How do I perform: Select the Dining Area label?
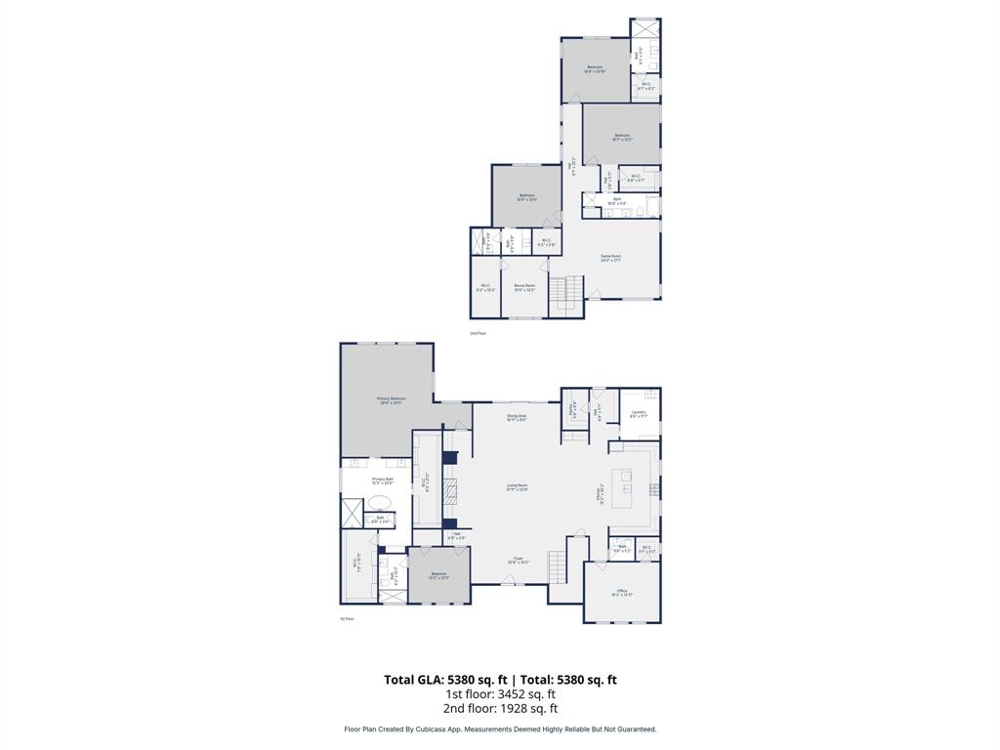517,418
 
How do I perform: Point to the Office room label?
621,592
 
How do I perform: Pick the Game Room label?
610,258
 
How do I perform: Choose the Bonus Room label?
524,287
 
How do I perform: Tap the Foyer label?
518,561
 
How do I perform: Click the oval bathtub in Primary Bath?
379,503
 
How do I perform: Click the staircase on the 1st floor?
557,565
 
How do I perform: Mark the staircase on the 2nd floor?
566,293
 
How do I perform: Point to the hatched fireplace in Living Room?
450,490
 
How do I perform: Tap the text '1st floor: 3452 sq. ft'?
500,694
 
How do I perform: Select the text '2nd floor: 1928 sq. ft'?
500,709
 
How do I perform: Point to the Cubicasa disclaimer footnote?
500,729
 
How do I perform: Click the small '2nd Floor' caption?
478,333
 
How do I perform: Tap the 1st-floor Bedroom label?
438,575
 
